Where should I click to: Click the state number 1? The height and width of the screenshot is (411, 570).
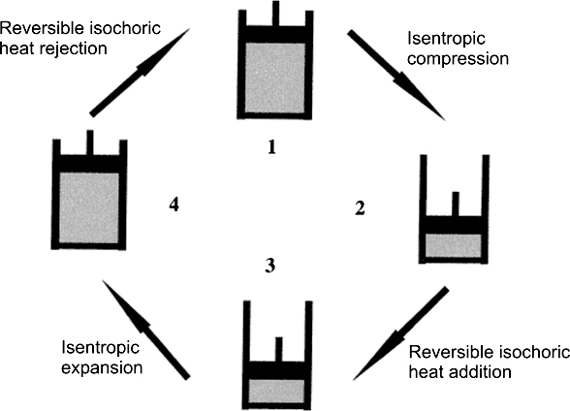[271, 147]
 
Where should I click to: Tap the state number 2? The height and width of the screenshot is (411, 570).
[360, 208]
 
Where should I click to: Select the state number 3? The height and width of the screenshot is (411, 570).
[269, 266]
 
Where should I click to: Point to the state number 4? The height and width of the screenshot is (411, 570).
[174, 205]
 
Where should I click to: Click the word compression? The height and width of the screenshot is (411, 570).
[458, 59]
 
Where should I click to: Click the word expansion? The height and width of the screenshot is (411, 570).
[102, 368]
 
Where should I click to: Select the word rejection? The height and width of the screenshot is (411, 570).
[74, 48]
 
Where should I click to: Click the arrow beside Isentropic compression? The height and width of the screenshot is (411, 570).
[396, 76]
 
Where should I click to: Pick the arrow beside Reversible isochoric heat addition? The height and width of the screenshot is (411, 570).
[401, 333]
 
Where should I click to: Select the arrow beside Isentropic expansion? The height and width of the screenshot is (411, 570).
[146, 330]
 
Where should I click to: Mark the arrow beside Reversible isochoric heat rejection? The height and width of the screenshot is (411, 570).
[140, 73]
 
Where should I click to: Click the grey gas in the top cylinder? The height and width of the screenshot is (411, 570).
[275, 78]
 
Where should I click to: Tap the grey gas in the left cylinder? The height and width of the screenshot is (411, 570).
[89, 207]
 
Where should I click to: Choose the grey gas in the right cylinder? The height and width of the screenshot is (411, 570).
[454, 245]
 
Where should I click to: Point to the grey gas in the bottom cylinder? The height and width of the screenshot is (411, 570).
[276, 391]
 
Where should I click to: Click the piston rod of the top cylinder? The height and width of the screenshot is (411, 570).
[276, 14]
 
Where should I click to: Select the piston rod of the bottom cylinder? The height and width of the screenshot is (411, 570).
[279, 349]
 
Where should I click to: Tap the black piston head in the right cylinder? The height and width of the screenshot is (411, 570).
[454, 225]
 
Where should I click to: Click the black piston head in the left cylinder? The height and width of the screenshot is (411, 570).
[89, 164]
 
